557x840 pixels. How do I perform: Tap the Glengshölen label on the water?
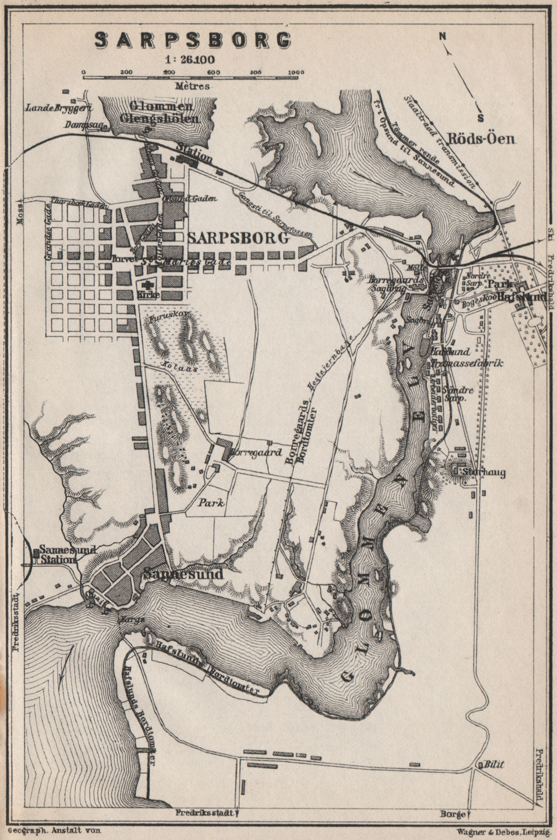point(159,118)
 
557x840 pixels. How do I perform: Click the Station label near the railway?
point(195,157)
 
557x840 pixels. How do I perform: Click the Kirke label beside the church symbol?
point(147,295)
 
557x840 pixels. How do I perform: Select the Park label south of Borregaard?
point(211,502)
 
